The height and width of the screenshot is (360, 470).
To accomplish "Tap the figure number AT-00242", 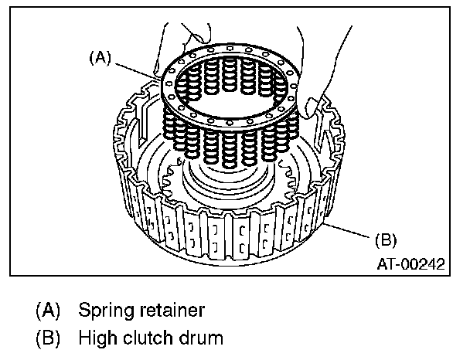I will coord(410,263).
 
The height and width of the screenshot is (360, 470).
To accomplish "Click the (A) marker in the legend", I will coord(48,311).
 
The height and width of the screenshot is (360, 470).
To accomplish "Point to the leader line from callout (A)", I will coord(139,70).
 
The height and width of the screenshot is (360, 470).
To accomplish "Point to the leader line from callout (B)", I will coord(352,229).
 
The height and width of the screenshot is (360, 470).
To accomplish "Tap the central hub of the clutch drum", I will coord(232,185).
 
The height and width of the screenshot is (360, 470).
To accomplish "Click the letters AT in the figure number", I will coord(386,263).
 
